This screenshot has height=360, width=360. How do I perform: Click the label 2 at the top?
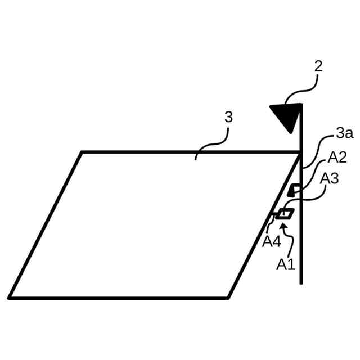318,66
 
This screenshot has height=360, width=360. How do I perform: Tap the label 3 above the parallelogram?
228,117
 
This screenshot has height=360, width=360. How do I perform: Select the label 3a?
344,133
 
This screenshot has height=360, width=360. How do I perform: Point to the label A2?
337,157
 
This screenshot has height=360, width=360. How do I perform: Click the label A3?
329,178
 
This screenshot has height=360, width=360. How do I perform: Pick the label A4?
272,241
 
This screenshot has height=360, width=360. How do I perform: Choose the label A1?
286,264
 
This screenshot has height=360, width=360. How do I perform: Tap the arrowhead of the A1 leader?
283,226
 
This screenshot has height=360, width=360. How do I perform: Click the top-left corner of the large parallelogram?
82,152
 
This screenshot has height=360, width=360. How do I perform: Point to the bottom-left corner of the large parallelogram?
10,298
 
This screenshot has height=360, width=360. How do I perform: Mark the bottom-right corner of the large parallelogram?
228,298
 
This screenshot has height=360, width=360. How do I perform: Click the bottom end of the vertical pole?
301,283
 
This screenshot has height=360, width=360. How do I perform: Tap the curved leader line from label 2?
304,90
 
